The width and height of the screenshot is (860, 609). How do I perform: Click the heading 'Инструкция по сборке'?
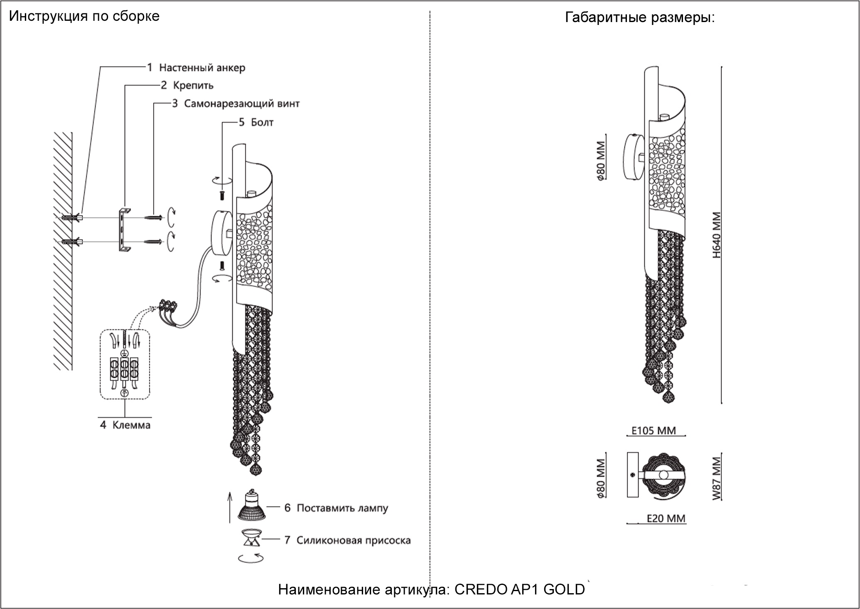pyautogui.click(x=84, y=16)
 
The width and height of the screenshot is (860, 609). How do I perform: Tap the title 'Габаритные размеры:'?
pyautogui.click(x=640, y=17)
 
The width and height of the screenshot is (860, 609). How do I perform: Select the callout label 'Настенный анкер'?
pyautogui.click(x=202, y=67)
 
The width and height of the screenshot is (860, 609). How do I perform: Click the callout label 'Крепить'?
pyautogui.click(x=193, y=85)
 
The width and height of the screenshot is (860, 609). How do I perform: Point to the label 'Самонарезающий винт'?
pyautogui.click(x=242, y=104)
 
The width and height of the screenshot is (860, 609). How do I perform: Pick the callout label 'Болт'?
pyautogui.click(x=262, y=122)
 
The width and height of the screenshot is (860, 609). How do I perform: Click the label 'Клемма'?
pyautogui.click(x=131, y=425)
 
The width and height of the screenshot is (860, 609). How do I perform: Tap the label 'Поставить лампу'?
pyautogui.click(x=342, y=508)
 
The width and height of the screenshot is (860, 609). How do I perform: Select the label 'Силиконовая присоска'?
pyautogui.click(x=354, y=540)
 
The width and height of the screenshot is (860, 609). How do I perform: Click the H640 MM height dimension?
pyautogui.click(x=717, y=235)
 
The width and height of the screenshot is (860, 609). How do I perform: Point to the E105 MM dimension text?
pyautogui.click(x=654, y=431)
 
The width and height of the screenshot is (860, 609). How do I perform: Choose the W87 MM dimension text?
pyautogui.click(x=717, y=478)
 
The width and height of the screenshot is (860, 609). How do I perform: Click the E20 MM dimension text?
pyautogui.click(x=666, y=518)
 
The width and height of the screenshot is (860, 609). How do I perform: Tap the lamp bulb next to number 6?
pyautogui.click(x=251, y=505)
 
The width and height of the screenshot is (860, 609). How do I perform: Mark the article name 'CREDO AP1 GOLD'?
pyautogui.click(x=519, y=589)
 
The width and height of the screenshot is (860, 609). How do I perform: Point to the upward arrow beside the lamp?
pyautogui.click(x=229, y=507)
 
